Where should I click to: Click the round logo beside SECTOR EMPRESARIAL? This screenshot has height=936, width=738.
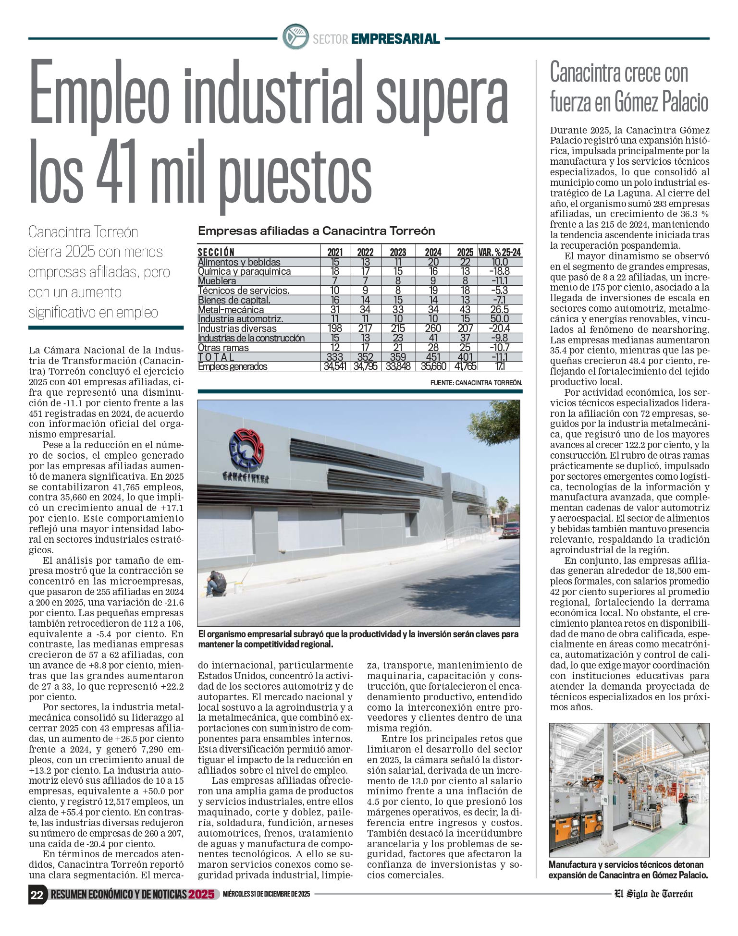tap(295, 37)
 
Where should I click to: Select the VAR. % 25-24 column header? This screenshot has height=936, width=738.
tap(500, 252)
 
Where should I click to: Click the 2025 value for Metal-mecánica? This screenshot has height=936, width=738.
tap(465, 310)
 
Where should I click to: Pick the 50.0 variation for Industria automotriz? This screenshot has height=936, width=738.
tap(500, 319)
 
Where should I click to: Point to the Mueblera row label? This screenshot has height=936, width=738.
tap(217, 281)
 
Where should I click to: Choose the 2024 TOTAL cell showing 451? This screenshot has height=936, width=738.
tap(433, 357)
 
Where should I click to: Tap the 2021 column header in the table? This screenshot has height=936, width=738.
tap(335, 252)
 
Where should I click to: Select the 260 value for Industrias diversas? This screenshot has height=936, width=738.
tap(433, 328)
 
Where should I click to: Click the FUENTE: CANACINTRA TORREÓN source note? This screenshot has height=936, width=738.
tap(476, 383)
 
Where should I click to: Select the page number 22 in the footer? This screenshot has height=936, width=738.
tap(37, 895)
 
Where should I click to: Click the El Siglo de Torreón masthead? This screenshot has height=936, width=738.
tap(653, 894)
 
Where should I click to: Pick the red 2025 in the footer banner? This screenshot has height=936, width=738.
tap(201, 894)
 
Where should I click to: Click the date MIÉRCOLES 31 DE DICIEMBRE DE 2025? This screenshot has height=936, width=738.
tap(267, 894)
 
